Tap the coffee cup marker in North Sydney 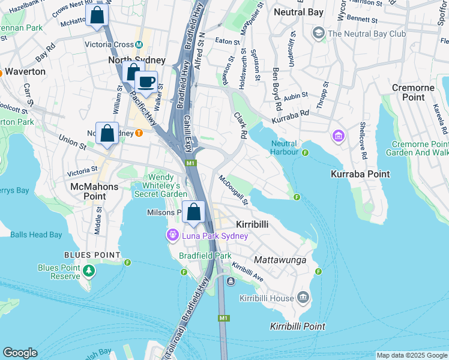pos(146,81)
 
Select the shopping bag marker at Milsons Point pos(194,212)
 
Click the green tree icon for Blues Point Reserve pos(89,271)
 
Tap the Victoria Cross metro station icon pos(139,44)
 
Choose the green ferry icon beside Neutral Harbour pos(305,152)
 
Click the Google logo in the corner pos(20,353)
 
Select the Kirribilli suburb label pos(252,223)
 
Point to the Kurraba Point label pos(360,174)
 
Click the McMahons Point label pos(94,187)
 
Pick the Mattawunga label pos(281,260)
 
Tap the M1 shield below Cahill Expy pos(190,163)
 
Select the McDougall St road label pos(234,189)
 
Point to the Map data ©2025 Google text pos(411,355)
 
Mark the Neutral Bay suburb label pos(298,12)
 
